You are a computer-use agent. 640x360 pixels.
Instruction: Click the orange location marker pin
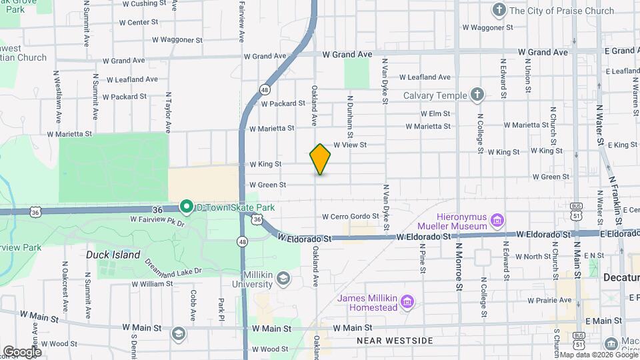coord(320,159)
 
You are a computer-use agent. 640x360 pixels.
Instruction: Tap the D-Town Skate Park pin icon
coord(187,207)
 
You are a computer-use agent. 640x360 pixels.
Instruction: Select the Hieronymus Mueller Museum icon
coord(497,220)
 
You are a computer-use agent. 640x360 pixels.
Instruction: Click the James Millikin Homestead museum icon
coord(408,303)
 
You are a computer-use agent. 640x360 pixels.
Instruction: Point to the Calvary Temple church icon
coord(477,95)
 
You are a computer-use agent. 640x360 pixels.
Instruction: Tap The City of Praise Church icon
coord(499,10)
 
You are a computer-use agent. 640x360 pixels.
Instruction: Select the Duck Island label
coord(113,255)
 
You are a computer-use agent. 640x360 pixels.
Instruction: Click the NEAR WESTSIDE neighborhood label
coord(395,341)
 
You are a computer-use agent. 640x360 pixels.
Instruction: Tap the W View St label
coord(350,144)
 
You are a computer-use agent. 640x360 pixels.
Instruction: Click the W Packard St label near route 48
coord(283,103)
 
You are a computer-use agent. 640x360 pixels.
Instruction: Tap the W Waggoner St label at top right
coord(487,27)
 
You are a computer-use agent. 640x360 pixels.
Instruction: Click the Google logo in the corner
coord(22,351)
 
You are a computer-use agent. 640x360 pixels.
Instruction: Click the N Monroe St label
coord(459,267)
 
